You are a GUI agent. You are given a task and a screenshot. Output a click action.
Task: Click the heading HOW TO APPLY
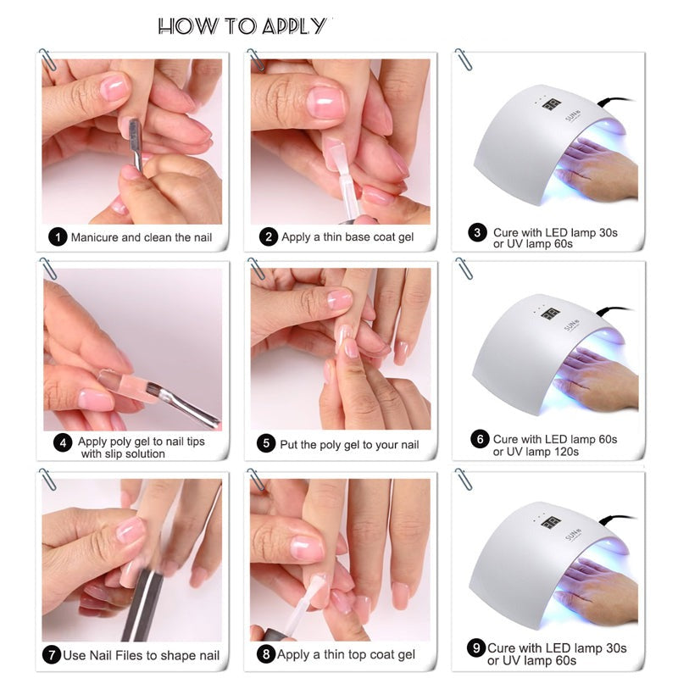click(x=242, y=25)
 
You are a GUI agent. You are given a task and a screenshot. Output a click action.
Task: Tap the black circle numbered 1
click(x=58, y=237)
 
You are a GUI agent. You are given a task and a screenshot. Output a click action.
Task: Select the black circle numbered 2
click(x=269, y=237)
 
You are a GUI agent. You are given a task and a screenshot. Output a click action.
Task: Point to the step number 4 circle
click(x=62, y=442)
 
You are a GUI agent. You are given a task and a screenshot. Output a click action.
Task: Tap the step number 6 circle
click(x=480, y=439)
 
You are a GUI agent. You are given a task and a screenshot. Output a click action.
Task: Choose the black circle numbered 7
click(x=52, y=654)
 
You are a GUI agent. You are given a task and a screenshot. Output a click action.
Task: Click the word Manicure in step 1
click(x=94, y=237)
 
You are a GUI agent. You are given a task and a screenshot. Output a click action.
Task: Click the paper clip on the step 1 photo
click(x=47, y=59)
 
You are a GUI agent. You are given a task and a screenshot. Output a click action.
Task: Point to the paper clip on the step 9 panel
click(x=464, y=478)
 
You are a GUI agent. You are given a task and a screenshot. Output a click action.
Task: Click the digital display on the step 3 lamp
click(x=551, y=104)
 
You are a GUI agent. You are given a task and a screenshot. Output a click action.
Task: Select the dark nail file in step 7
click(x=138, y=603)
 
